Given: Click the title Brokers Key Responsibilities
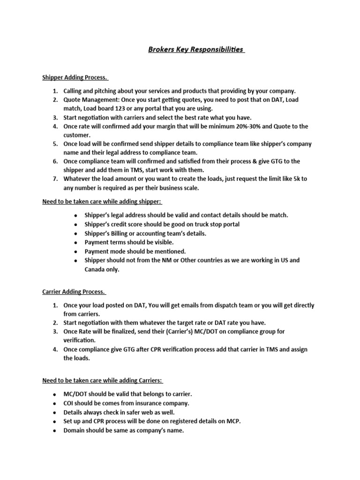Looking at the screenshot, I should pyautogui.click(x=196, y=50).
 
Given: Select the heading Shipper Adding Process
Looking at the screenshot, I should pyautogui.click(x=75, y=77).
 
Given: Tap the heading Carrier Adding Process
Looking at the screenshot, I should pyautogui.click(x=74, y=292).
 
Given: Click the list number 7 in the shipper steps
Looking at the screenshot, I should pyautogui.click(x=54, y=179).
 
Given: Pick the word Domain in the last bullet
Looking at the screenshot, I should pyautogui.click(x=74, y=430).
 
